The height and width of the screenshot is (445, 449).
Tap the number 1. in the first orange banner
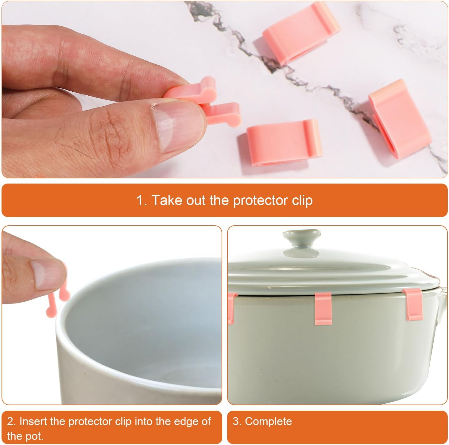click(142, 200)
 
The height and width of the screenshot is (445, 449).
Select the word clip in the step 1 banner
click(303, 200)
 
